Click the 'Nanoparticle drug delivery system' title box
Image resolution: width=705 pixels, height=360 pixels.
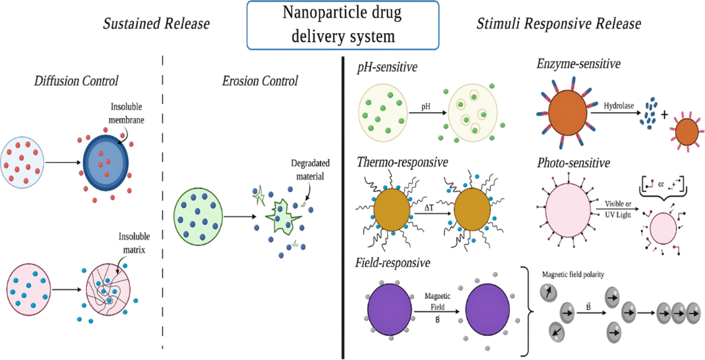[342, 24]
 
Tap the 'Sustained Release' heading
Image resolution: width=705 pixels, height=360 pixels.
[156, 24]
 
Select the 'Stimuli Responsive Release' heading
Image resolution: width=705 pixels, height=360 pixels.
[559, 24]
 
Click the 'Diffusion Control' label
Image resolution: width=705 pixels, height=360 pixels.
[76, 81]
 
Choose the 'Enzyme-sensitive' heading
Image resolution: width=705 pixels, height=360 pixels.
[579, 65]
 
